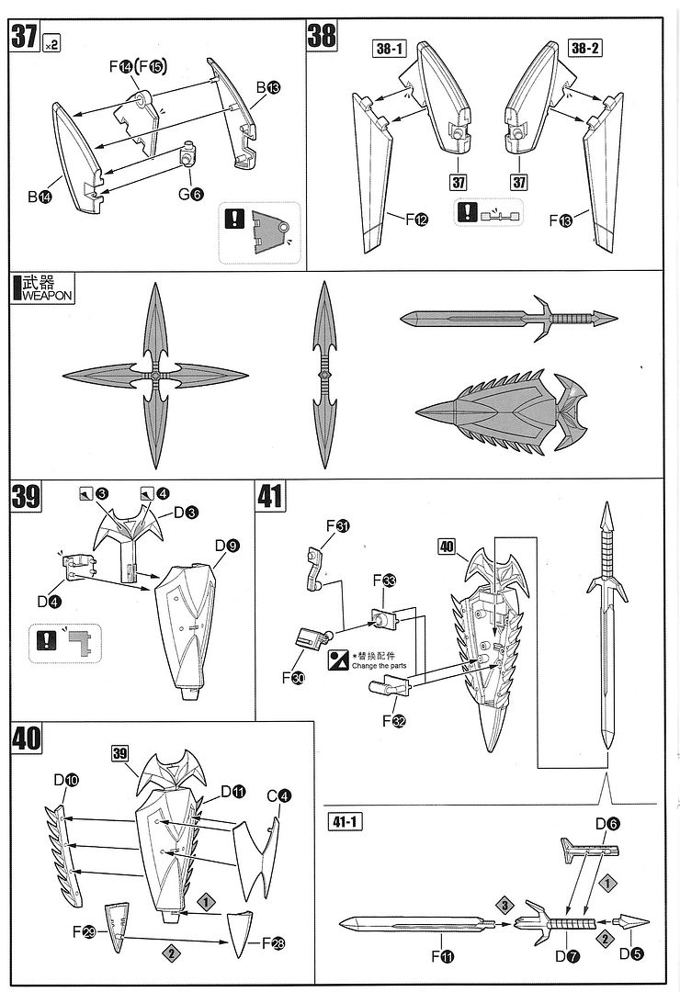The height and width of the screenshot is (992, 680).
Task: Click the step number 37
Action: [24, 38]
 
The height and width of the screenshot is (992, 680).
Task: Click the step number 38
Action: [322, 38]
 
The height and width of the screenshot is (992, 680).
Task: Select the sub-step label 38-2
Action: [584, 49]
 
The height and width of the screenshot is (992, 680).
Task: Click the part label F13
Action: [561, 220]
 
